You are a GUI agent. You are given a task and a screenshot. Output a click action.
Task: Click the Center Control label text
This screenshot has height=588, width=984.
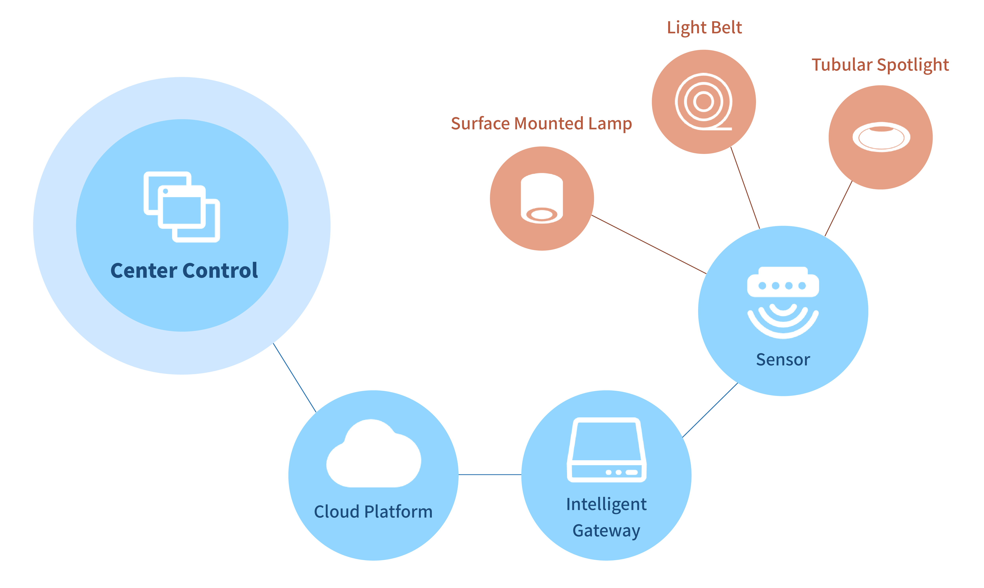[184, 271]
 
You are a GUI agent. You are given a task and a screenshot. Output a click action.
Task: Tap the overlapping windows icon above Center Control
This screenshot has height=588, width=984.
[182, 207]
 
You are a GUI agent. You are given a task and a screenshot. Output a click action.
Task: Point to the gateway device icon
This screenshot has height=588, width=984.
[607, 450]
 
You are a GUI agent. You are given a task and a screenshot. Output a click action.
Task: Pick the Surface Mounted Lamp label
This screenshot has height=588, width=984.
[541, 124]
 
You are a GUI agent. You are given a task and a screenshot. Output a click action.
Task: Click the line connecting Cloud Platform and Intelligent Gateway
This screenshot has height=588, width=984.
[490, 474]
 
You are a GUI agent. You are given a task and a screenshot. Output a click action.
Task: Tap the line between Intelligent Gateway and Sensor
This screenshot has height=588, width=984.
[710, 410]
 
